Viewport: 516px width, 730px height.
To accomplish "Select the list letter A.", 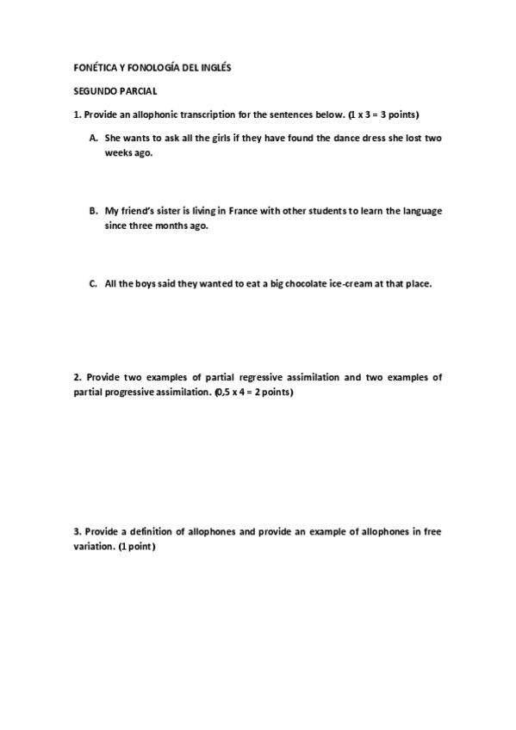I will pyautogui.click(x=92, y=138).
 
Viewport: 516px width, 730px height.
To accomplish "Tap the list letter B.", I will pyautogui.click(x=92, y=211).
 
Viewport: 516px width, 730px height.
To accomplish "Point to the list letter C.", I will pyautogui.click(x=92, y=284).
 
